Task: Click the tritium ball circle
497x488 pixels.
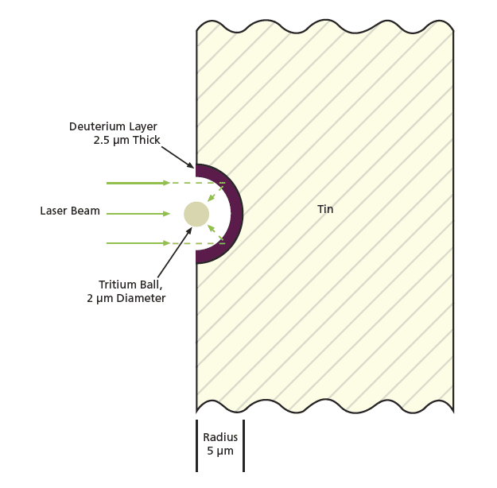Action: click(x=196, y=214)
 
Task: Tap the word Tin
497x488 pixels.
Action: click(x=325, y=210)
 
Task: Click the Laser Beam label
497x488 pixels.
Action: click(x=70, y=211)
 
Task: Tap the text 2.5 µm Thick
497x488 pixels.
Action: click(x=126, y=141)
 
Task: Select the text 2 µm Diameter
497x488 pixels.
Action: click(x=126, y=299)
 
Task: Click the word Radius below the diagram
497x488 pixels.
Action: click(x=220, y=437)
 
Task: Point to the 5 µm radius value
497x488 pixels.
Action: click(x=220, y=451)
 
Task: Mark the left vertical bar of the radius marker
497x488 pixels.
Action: click(x=196, y=445)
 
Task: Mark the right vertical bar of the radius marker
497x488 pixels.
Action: click(x=243, y=445)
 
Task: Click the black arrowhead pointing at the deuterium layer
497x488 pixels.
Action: click(x=191, y=165)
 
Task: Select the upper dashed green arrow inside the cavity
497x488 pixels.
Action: click(x=213, y=193)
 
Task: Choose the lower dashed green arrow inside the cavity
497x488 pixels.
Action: click(x=213, y=232)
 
